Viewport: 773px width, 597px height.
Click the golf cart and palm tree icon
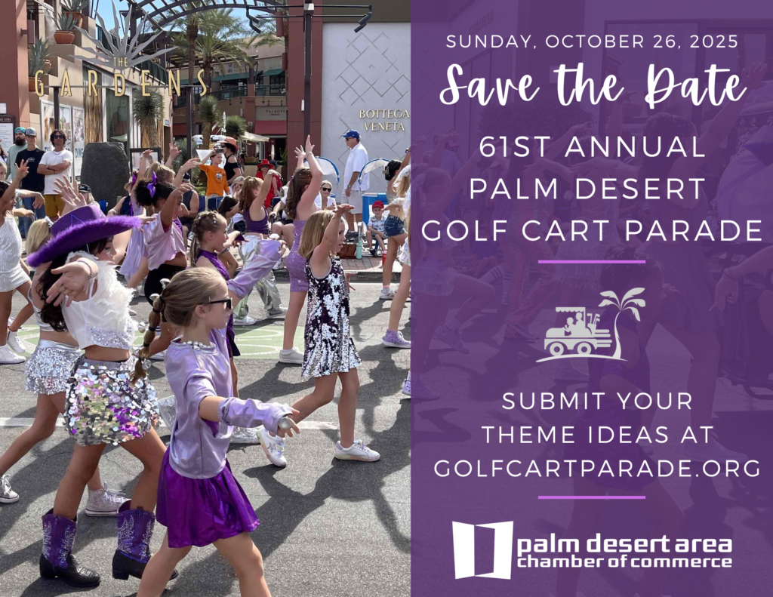(x=590, y=325)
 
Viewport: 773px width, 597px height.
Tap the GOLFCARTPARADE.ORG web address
(x=597, y=468)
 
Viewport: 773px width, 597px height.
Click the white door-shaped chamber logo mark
(x=482, y=549)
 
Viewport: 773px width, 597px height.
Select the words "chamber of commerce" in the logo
(x=624, y=561)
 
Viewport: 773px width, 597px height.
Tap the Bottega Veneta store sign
(x=384, y=120)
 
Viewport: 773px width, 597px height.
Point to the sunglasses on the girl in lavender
(x=219, y=303)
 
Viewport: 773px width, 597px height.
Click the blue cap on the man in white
(x=350, y=134)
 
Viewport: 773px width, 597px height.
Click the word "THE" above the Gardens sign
(x=120, y=62)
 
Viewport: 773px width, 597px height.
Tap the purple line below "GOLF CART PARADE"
(x=591, y=262)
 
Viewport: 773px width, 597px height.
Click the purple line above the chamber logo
(x=591, y=497)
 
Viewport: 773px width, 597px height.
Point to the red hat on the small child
(x=378, y=205)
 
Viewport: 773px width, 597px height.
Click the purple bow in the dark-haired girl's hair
(x=151, y=184)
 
